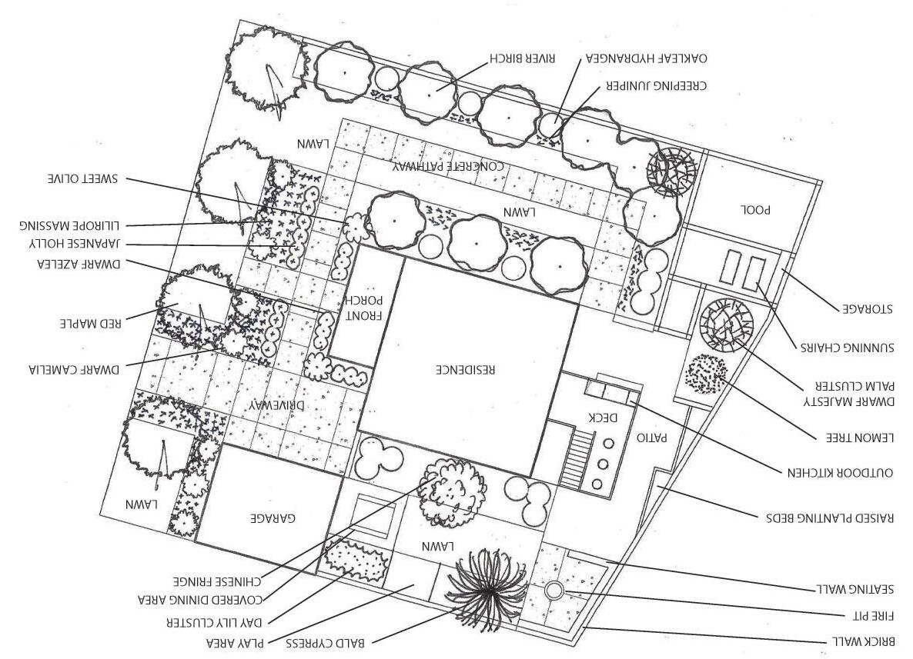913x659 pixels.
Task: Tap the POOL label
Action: click(x=755, y=209)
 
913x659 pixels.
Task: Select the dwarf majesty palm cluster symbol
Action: click(x=726, y=324)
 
